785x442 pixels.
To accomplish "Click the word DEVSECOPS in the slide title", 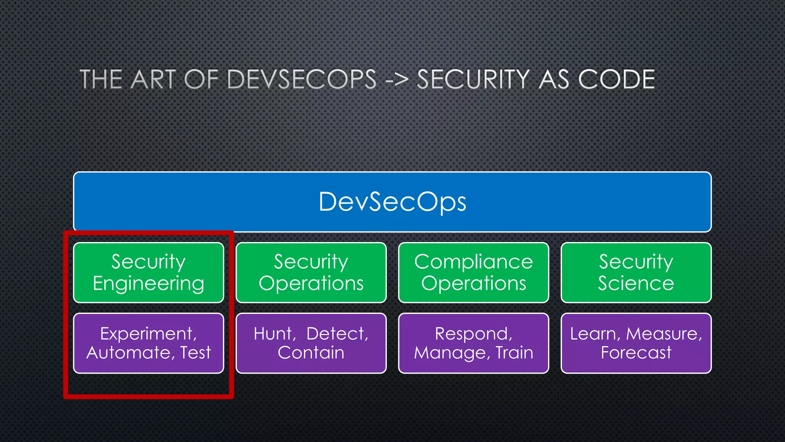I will [302, 79].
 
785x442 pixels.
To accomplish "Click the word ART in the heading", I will [153, 79].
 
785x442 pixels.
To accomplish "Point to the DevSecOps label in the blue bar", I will [392, 202].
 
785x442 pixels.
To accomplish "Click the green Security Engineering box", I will [148, 272].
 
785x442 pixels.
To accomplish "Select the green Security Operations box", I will [311, 272].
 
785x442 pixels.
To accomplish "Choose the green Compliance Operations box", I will [473, 272].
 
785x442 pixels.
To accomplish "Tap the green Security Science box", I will [636, 272].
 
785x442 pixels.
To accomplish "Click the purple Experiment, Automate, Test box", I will [148, 343].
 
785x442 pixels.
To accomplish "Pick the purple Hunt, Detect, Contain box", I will [311, 343].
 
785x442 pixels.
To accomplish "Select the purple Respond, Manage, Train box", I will [473, 343].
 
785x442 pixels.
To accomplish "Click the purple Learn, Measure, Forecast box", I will [636, 343].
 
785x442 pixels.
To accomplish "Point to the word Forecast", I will [636, 353].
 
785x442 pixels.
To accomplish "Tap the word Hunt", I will [274, 334].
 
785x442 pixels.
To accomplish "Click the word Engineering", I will [148, 284].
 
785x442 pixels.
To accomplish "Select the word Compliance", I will [473, 262].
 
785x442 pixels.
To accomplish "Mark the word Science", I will [636, 283].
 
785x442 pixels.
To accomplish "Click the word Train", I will [514, 353].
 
